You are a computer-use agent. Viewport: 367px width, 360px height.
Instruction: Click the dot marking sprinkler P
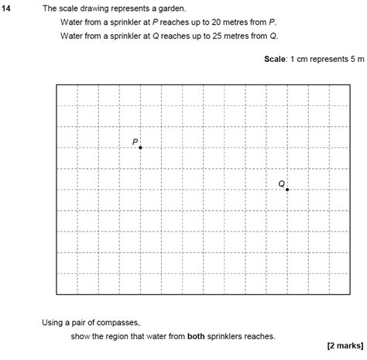coord(140,147)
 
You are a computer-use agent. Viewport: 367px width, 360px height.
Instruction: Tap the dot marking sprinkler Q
coord(286,189)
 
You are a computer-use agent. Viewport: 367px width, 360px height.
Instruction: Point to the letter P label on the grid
coord(135,142)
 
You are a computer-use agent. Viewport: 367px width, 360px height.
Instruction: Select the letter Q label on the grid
coord(281,183)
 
